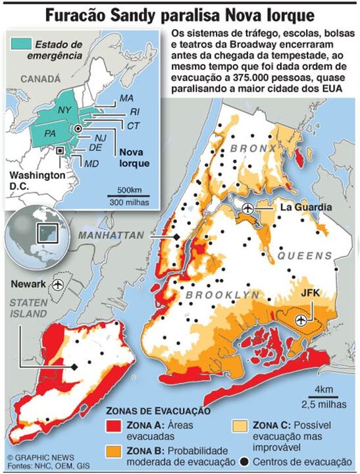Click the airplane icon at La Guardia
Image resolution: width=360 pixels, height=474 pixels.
tap(247, 209)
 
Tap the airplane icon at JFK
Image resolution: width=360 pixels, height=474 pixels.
tap(302, 319)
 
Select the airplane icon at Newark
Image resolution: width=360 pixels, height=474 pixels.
tap(59, 284)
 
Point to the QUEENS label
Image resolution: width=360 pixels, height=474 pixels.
tap(303, 255)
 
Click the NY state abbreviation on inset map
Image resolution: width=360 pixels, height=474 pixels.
tap(64, 109)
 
